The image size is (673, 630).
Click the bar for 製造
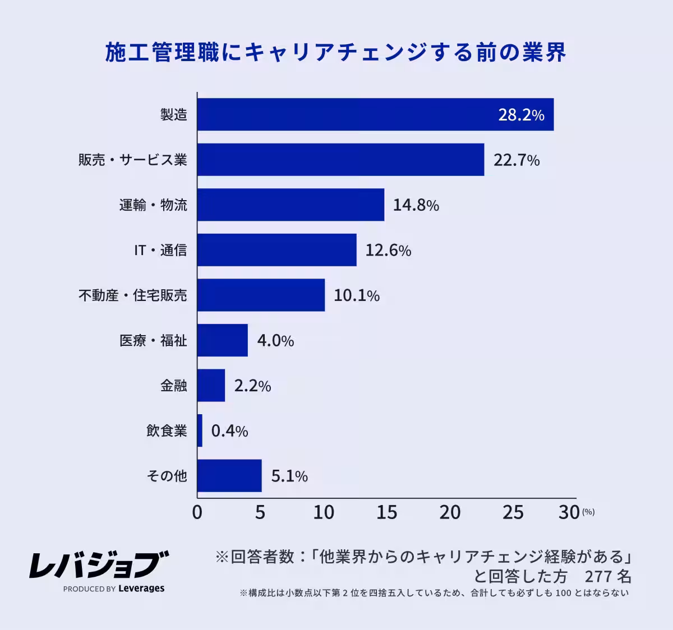375,115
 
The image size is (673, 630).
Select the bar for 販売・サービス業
340,160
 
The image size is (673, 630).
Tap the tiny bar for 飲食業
200,430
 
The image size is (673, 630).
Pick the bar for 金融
211,386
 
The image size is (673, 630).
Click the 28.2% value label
521,115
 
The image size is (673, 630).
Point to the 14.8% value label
416,205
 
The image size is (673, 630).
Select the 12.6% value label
388,250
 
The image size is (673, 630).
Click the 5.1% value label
289,476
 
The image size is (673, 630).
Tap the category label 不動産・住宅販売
132,295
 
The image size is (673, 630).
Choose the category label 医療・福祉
153,340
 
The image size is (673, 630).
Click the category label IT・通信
160,250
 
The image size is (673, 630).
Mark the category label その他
167,476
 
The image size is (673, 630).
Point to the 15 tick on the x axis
386,512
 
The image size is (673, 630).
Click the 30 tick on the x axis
569,512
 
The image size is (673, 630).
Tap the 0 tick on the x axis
197,512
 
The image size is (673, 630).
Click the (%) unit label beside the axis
588,512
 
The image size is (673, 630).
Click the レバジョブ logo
99,564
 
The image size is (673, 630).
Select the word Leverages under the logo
141,589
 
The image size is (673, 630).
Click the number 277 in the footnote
598,576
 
